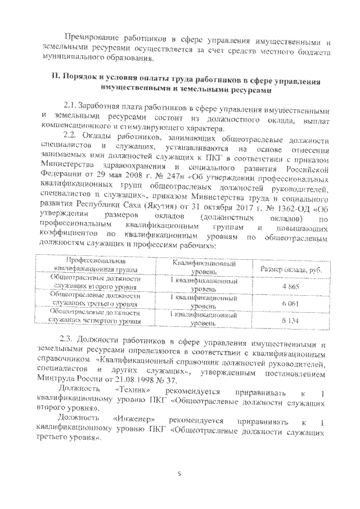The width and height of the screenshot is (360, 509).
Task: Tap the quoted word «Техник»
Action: click(x=133, y=390)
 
